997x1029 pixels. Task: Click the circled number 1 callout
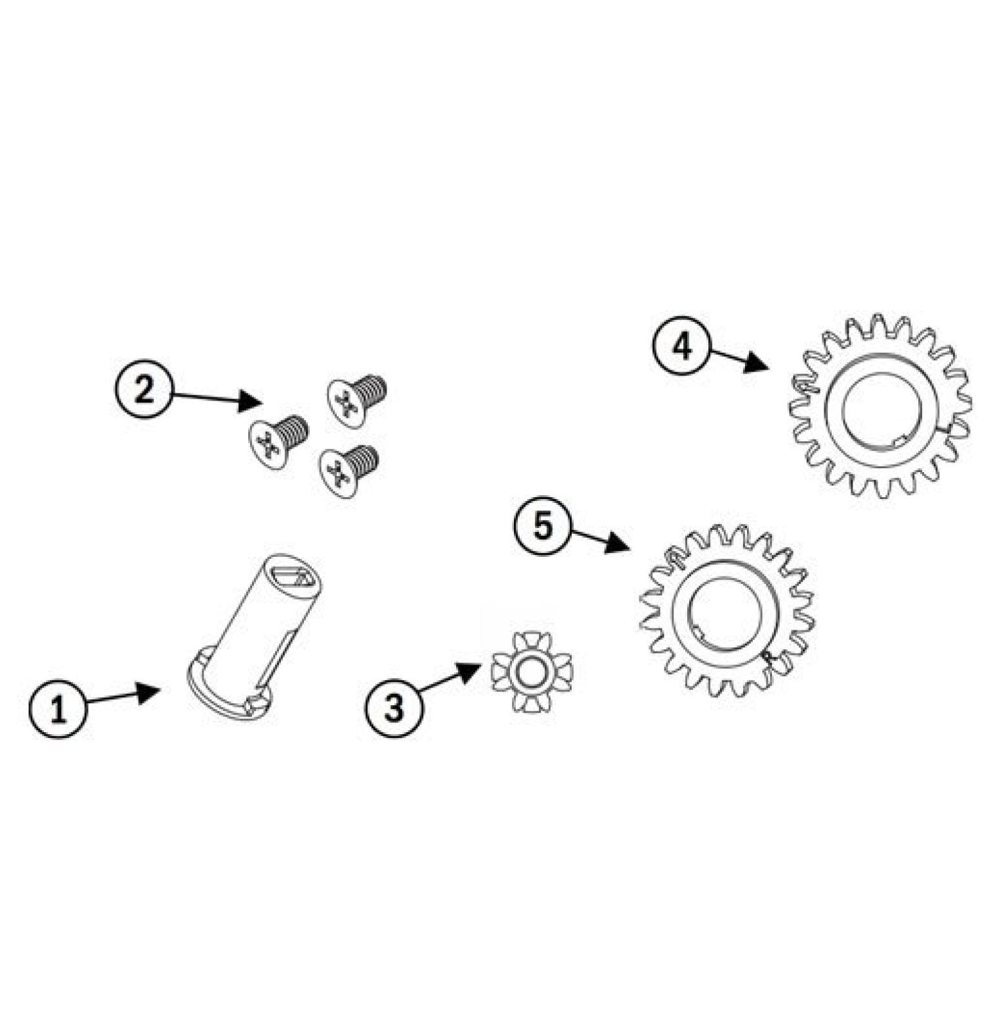58,710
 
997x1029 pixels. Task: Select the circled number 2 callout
144,391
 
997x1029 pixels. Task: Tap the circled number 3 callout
394,707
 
